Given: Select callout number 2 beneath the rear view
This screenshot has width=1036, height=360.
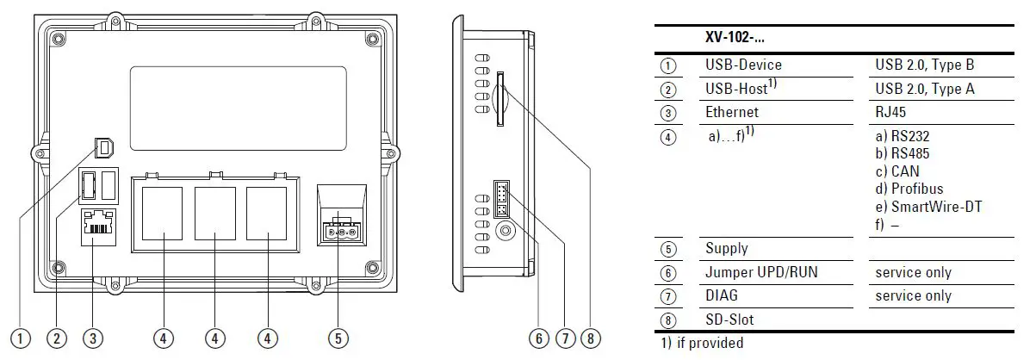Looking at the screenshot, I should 58,338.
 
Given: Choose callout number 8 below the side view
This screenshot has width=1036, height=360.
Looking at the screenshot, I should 590,338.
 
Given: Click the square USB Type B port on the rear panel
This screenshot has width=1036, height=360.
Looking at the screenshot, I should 103,148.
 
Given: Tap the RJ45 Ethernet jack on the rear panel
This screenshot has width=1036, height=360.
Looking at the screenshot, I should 101,227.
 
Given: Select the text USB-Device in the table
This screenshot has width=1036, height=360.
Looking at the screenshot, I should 743,65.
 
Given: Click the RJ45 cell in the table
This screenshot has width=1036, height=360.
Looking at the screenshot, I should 891,112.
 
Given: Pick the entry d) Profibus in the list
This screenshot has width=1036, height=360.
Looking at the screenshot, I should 909,189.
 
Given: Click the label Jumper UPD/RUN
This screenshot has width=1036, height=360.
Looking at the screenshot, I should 761,272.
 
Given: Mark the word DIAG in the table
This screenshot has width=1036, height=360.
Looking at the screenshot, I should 721,295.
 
